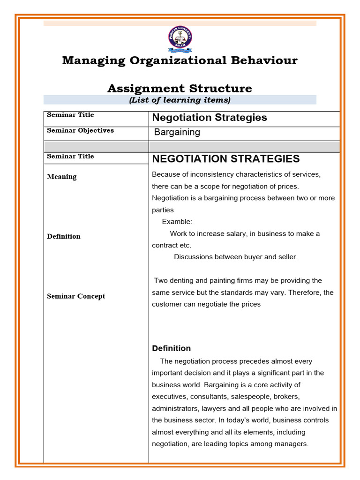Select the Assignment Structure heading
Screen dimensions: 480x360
pos(180,89)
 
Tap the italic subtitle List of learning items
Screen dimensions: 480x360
pos(180,100)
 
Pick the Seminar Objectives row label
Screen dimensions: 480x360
pos(80,130)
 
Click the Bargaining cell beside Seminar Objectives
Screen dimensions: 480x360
pos(177,132)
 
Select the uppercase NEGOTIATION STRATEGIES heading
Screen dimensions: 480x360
pos(226,159)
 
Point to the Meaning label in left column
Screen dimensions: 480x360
pos(61,177)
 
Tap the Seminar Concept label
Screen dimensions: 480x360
pos(76,296)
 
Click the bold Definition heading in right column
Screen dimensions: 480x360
pos(171,348)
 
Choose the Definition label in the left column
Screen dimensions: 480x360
pos(63,236)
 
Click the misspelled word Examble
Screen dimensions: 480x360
pos(177,222)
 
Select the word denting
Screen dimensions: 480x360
pos(185,281)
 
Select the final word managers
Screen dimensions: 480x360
pos(293,443)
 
